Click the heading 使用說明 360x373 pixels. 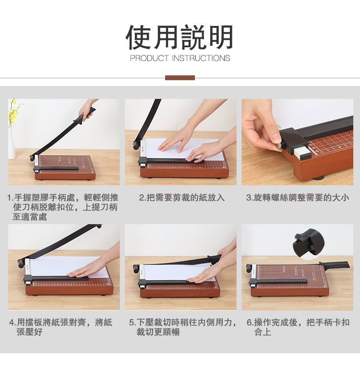(180, 37)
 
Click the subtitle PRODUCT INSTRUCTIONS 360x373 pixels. (180, 58)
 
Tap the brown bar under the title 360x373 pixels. (180, 78)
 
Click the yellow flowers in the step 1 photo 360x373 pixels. (13, 112)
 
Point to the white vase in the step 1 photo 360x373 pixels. (12, 142)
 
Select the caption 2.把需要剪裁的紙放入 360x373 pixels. (182, 197)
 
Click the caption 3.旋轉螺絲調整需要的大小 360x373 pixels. (298, 197)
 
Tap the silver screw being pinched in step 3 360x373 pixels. (279, 145)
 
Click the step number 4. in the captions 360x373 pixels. (13, 323)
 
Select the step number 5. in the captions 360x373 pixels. (132, 323)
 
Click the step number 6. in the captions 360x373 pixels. (250, 323)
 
